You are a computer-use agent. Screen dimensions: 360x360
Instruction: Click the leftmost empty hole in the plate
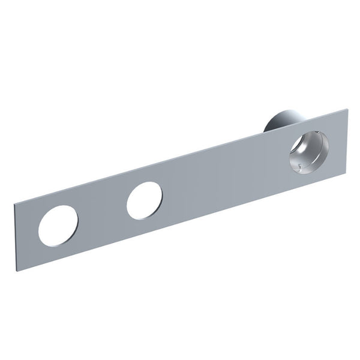pos(58,226)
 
